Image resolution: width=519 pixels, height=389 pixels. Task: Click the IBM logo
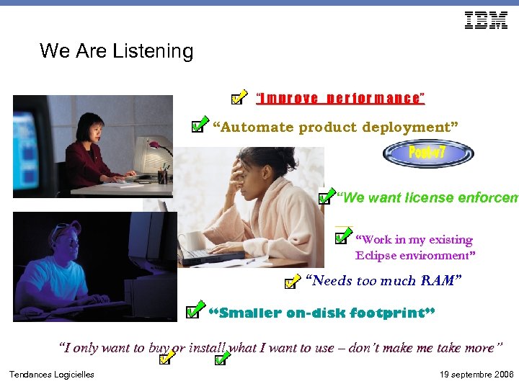point(486,21)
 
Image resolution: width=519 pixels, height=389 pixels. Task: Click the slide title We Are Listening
point(117,51)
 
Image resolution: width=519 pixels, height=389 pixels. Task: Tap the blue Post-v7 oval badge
point(427,153)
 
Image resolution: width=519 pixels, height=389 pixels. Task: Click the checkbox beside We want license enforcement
point(326,196)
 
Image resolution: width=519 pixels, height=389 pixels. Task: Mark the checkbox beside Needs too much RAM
point(290,280)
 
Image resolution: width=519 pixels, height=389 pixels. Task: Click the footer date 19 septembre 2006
point(476,375)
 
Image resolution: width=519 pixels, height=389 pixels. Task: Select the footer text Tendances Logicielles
point(51,375)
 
